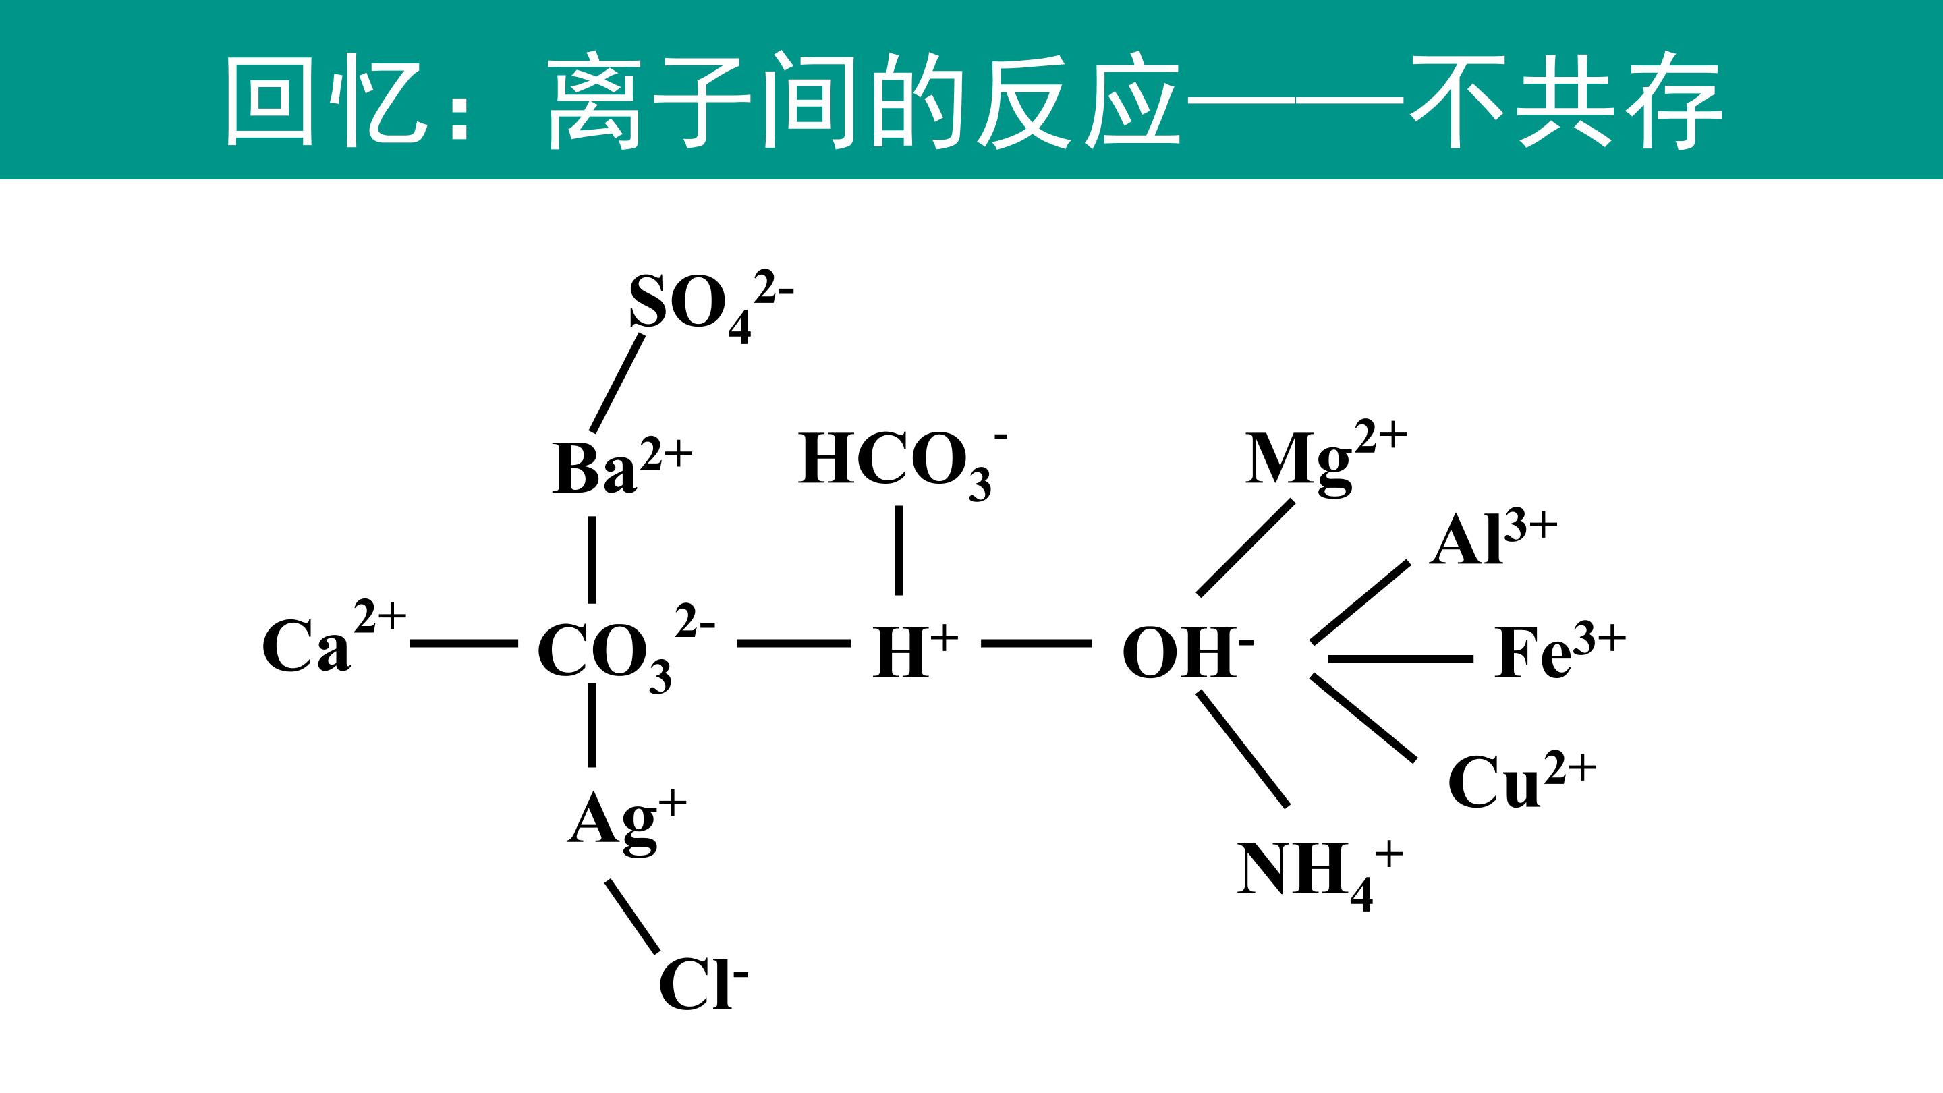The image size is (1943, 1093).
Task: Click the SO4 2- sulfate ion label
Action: (711, 308)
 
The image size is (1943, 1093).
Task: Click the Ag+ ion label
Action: (627, 822)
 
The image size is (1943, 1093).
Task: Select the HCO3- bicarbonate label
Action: (903, 465)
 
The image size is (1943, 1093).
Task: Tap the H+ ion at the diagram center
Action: (915, 650)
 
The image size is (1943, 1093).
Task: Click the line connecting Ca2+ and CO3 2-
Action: (463, 644)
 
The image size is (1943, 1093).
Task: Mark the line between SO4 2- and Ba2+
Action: (618, 383)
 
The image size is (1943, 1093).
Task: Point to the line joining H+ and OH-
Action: (1036, 644)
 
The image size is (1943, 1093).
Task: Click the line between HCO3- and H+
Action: (899, 551)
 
